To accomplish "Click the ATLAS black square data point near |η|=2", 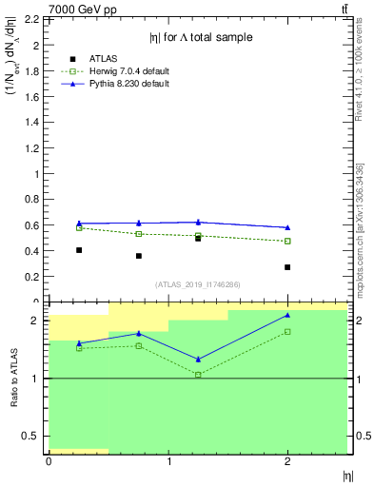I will pos(287,267).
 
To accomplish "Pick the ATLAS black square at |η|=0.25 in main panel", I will pos(79,250).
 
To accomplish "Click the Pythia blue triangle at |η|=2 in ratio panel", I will pos(287,315).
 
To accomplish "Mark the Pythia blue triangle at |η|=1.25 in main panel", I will pos(198,222).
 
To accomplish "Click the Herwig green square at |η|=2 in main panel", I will pos(287,241).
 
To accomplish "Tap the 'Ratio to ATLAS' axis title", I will pos(14,379).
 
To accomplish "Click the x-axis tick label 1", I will pos(168,461).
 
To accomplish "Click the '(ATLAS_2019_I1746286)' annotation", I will pos(198,284).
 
